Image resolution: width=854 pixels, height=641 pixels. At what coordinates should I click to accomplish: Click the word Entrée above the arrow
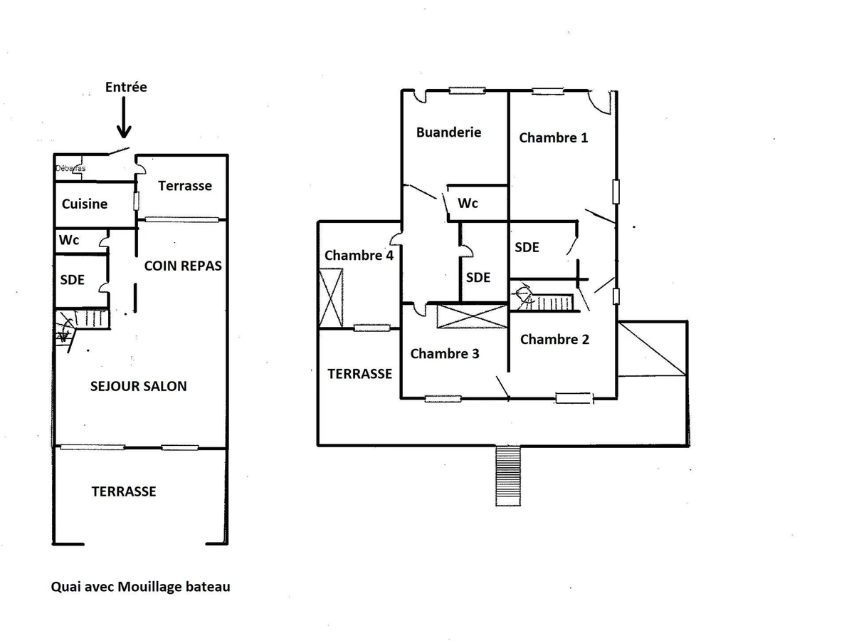tap(126, 87)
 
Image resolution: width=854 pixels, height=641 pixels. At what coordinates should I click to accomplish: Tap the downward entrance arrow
tap(124, 118)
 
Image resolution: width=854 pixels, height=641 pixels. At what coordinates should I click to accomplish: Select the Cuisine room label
tap(85, 204)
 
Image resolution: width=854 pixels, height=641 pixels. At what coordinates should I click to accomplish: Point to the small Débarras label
tap(70, 169)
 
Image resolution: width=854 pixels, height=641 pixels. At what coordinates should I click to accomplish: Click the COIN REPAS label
tap(183, 266)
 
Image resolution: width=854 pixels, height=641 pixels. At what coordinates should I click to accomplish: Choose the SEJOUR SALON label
tap(139, 387)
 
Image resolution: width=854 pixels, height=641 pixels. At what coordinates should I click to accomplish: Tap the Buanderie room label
tap(448, 132)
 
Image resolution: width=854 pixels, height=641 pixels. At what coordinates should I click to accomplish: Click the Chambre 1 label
tap(554, 138)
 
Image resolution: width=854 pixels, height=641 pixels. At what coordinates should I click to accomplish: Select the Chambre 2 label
tap(554, 340)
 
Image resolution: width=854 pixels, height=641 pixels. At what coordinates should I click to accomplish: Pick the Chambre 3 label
tap(445, 354)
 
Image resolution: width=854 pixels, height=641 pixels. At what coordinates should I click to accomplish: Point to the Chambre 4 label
tap(359, 256)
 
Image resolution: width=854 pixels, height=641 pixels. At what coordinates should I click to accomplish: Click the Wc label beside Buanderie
tap(468, 204)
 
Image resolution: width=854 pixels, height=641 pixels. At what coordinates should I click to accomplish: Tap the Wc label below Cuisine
tap(69, 241)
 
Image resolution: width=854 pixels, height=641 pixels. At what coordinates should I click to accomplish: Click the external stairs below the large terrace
tap(508, 475)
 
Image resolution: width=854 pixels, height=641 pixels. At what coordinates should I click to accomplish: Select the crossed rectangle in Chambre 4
tap(331, 296)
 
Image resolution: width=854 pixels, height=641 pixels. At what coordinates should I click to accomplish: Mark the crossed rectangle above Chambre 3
tap(472, 316)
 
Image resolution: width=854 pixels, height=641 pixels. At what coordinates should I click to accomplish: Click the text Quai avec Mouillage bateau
tap(141, 588)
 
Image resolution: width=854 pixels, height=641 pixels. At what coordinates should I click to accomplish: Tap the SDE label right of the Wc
tap(527, 248)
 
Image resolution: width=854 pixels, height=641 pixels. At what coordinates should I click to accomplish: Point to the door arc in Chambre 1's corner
tap(599, 102)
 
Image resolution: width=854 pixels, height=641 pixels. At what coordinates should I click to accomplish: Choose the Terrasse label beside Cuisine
tap(185, 186)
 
